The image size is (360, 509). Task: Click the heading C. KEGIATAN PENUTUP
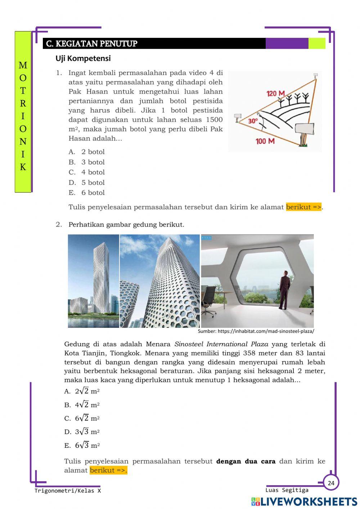tap(92, 44)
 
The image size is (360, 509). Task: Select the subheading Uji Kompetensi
tap(83, 58)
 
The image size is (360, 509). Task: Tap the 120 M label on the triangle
tap(275, 94)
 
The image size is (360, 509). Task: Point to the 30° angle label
tap(253, 121)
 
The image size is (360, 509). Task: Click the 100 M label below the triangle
tap(265, 141)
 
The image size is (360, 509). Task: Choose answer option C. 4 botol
tap(87, 172)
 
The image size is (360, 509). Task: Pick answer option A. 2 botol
tap(87, 152)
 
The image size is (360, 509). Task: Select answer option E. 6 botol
tap(87, 193)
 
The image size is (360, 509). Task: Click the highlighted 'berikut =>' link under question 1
tap(303, 207)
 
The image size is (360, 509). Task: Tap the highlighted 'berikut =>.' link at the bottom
tap(108, 470)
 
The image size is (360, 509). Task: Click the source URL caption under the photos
tap(256, 331)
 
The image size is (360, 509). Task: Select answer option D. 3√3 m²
tap(82, 432)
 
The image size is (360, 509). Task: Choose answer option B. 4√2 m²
tap(82, 405)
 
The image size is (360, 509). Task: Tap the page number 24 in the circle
tap(331, 483)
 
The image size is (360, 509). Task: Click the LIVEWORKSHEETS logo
tap(304, 501)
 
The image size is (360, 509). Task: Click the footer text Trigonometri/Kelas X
tap(68, 491)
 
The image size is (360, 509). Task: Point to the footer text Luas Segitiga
tap(287, 490)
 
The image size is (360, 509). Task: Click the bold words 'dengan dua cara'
tap(246, 461)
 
